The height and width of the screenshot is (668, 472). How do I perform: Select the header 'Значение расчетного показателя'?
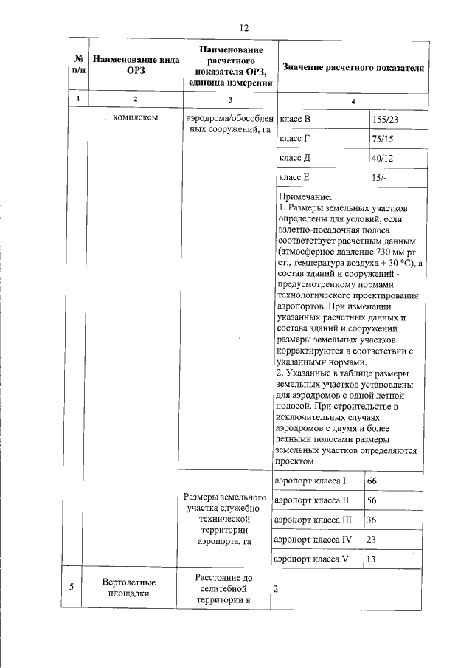(x=353, y=67)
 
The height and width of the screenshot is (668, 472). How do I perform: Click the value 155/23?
(x=388, y=119)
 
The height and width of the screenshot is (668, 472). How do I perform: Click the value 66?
(x=372, y=481)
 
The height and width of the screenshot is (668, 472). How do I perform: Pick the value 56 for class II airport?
(x=372, y=500)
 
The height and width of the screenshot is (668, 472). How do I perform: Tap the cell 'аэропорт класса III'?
(x=314, y=520)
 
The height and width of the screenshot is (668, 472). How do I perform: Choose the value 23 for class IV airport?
(x=372, y=540)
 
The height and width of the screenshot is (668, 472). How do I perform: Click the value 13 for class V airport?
(x=372, y=560)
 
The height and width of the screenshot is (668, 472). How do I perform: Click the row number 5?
(x=72, y=588)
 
